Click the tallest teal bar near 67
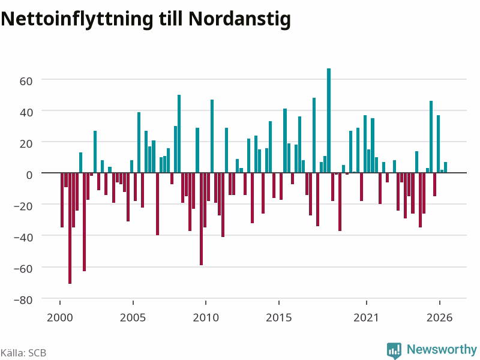tap(329, 121)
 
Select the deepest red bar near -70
tap(70, 229)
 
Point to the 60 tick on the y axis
tap(26, 82)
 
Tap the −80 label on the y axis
tap(23, 300)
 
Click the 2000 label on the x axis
tap(59, 317)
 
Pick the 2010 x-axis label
tap(206, 317)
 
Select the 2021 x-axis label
tap(366, 317)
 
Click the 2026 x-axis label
tap(439, 317)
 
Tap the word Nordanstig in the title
tap(239, 20)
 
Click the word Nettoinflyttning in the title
tap(77, 20)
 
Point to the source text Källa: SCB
tap(23, 353)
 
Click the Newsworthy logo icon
tap(394, 350)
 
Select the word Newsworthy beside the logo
tap(442, 349)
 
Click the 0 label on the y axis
tap(29, 175)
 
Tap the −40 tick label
tap(23, 238)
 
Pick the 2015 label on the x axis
tap(278, 317)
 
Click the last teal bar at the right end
tap(445, 167)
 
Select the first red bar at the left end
tap(62, 200)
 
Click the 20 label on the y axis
tap(26, 144)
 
